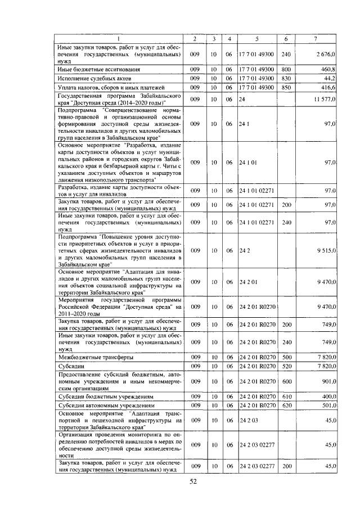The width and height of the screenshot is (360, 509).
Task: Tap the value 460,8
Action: pos(327,69)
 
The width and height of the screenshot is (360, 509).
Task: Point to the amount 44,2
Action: pos(329,79)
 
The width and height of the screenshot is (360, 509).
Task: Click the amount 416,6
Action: pos(327,88)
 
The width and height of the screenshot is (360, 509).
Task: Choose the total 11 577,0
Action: pos(323,99)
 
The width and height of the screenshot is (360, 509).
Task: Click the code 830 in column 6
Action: pos(286,79)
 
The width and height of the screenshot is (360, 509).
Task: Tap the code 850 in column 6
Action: pos(286,88)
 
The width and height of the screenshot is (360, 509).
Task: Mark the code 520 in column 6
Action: pos(286,366)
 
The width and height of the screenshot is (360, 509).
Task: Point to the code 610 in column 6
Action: pos(286,397)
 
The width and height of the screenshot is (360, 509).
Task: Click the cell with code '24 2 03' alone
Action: pos(248,420)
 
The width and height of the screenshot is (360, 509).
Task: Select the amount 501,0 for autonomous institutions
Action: pos(327,406)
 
